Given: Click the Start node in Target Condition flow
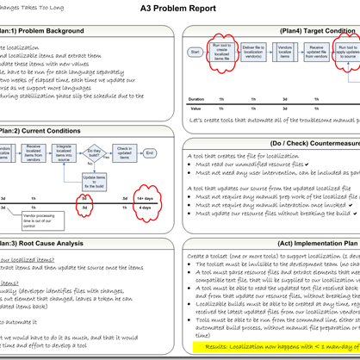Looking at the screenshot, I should click(196, 53).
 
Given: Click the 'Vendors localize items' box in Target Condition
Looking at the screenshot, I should click(285, 53).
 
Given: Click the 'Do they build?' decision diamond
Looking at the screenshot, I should click(94, 152).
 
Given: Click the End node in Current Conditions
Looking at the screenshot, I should click(150, 152).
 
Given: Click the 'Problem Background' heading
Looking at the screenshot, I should click(48, 32).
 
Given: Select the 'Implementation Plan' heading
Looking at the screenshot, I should click(274, 244).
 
